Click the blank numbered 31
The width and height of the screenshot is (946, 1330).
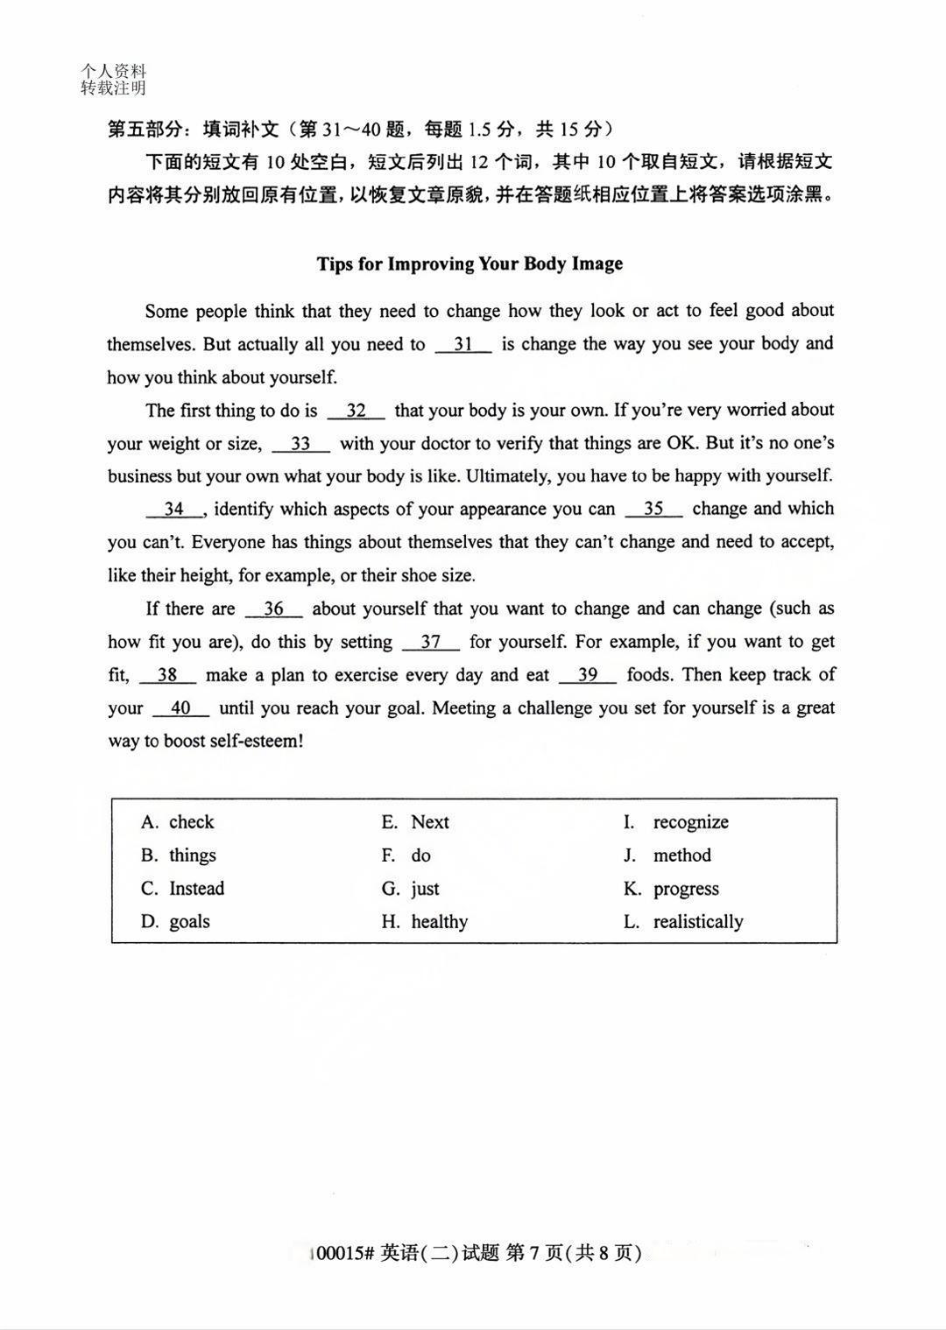point(463,345)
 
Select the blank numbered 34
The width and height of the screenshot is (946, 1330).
point(174,510)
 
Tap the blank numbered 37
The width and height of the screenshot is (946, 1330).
point(430,643)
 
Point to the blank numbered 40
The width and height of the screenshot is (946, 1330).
point(180,708)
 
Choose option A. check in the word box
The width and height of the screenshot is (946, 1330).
point(178,822)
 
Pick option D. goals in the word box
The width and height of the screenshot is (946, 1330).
point(176,922)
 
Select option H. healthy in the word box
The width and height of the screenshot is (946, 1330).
point(425,922)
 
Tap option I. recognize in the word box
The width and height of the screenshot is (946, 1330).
point(676,822)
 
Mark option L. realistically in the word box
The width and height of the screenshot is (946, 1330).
point(683,922)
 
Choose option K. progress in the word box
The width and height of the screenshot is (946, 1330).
point(672,889)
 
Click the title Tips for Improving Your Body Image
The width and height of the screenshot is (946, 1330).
point(469,264)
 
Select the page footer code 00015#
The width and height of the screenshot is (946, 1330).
point(343,1254)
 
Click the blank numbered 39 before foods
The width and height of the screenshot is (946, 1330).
point(587,675)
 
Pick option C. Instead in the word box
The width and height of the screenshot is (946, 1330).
point(183,889)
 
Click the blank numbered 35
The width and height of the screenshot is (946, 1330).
point(653,510)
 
